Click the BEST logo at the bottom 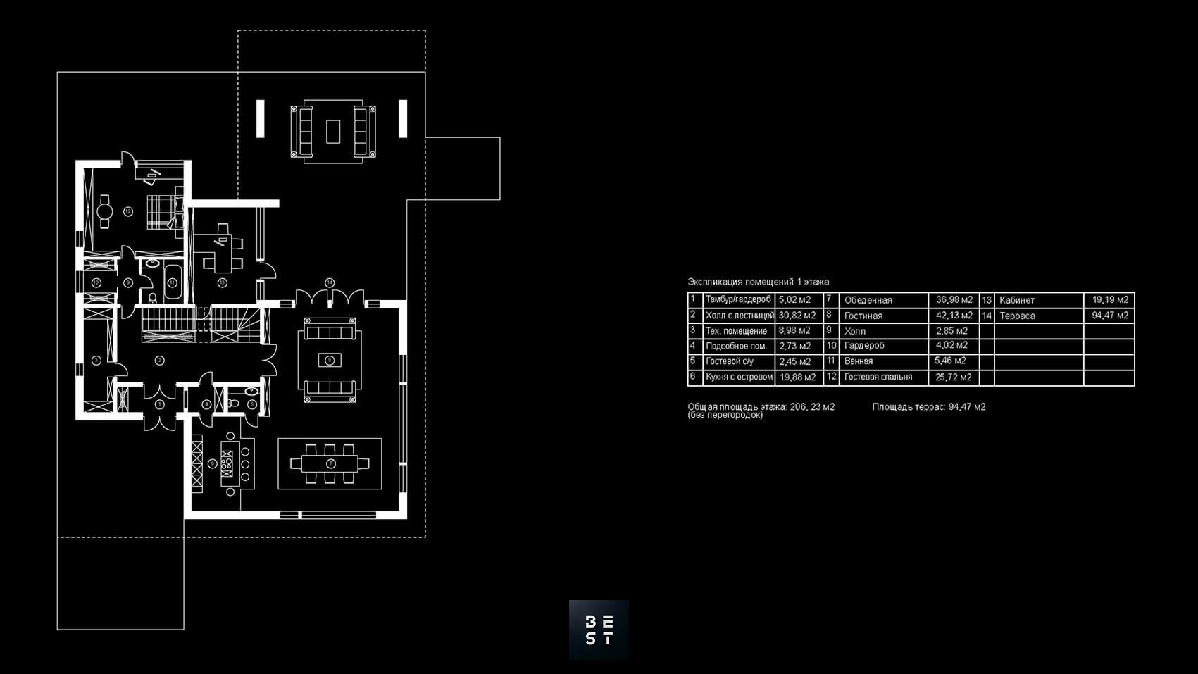(x=599, y=630)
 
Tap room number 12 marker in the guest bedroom (x=128, y=211)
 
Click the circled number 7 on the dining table (x=330, y=463)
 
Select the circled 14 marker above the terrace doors (x=330, y=282)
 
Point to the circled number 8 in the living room (x=330, y=361)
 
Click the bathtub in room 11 (x=172, y=282)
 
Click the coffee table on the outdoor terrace (x=333, y=131)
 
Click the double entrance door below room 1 (x=159, y=421)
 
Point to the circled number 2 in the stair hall (x=160, y=361)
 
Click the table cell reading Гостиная (x=863, y=316)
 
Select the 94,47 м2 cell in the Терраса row (x=1109, y=316)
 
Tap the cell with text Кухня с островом (x=739, y=377)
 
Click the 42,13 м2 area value (x=954, y=316)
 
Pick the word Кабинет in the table (x=1017, y=300)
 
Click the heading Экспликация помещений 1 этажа (x=758, y=282)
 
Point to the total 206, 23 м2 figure (x=812, y=406)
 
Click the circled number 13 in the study (x=222, y=283)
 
